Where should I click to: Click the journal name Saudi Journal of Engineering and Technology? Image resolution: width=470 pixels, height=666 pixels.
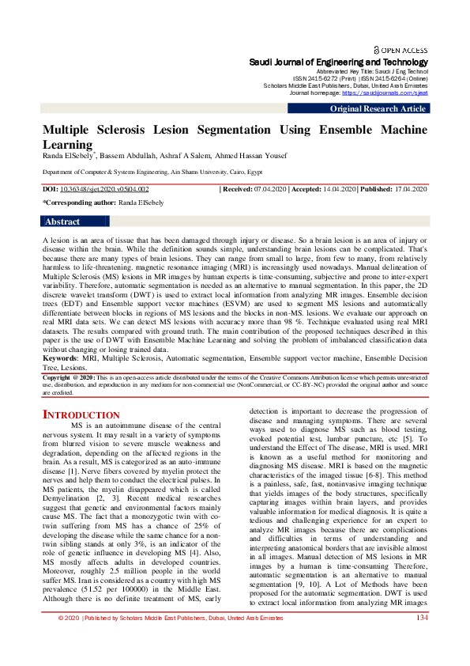point(339,62)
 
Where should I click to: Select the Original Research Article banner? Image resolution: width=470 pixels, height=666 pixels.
point(378,108)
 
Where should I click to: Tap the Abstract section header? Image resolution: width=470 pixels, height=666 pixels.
point(63,222)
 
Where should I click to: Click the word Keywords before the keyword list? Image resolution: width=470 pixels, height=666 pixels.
point(60,358)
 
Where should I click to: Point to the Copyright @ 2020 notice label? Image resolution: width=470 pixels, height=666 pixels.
point(69,378)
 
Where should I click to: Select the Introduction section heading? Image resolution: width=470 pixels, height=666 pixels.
point(81,414)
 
